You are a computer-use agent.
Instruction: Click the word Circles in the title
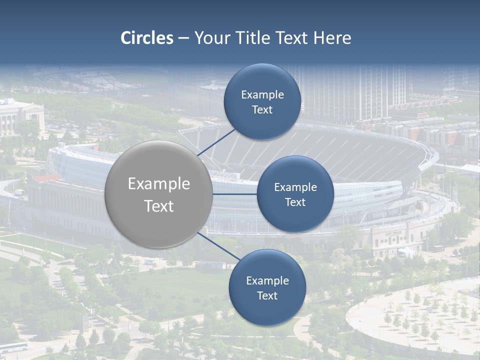click(x=147, y=38)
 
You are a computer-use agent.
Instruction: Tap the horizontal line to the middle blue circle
click(x=235, y=194)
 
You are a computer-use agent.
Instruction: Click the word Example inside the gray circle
click(x=159, y=184)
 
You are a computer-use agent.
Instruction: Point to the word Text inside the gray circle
click(x=159, y=206)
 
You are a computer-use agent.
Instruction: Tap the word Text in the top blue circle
click(x=262, y=109)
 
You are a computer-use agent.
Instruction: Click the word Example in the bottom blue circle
click(x=267, y=281)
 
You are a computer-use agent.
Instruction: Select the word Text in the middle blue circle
click(x=295, y=202)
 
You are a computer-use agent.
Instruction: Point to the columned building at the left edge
click(x=20, y=118)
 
